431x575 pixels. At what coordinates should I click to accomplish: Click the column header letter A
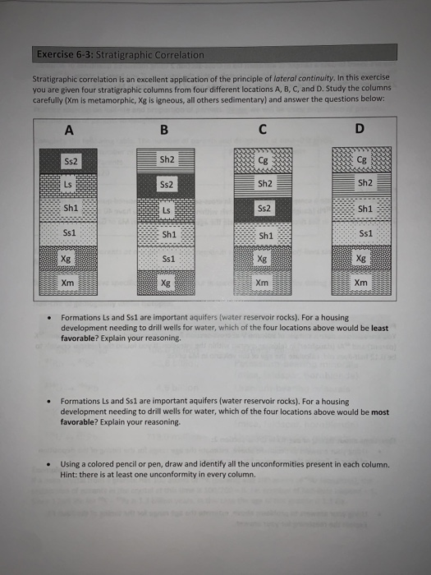pos(70,129)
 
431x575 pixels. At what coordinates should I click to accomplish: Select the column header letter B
pos(164,129)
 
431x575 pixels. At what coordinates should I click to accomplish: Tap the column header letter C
pos(262,129)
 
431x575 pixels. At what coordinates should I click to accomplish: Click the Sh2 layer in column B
pos(167,159)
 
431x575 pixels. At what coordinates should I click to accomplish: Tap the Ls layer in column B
pos(167,211)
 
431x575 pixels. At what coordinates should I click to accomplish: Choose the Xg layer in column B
pos(167,283)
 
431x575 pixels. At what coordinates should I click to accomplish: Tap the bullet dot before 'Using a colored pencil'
pos(51,463)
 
